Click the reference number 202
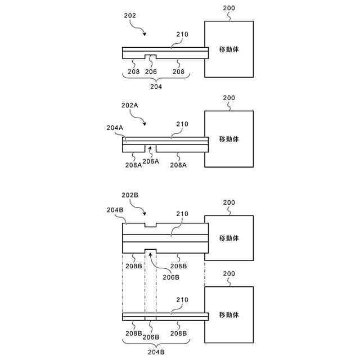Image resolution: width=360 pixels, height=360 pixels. click(130, 17)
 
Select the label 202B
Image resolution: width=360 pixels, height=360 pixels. click(130, 194)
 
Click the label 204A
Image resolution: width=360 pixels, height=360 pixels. click(115, 127)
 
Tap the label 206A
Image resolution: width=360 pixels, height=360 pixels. click(151, 161)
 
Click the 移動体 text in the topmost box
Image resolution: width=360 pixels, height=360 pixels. click(228, 49)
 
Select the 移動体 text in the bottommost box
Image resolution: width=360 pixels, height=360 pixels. click(228, 315)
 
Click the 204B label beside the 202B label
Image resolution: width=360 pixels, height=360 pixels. click(115, 210)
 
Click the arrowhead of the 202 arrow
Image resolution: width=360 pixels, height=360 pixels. click(146, 35)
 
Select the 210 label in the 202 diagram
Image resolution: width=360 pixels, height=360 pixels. click(182, 34)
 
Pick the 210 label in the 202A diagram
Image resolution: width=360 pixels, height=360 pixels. click(182, 124)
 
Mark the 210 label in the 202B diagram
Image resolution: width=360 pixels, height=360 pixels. click(182, 214)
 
